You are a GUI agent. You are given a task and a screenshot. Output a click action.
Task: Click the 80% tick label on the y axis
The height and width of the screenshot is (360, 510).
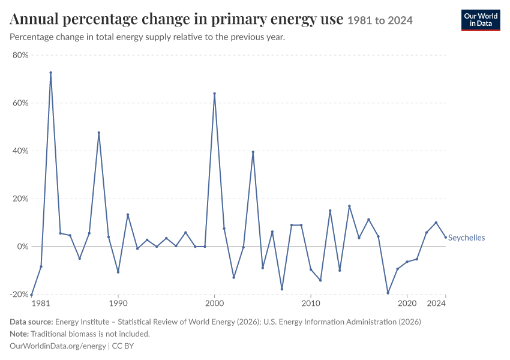20,55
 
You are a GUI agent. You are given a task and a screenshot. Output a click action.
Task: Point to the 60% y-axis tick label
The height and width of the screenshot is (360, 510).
20,103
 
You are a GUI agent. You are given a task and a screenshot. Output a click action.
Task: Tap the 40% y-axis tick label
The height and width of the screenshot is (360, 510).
20,151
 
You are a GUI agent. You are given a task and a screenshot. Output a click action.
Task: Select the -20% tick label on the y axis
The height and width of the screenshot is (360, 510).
19,295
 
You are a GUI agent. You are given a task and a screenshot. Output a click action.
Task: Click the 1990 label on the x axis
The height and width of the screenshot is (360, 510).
118,304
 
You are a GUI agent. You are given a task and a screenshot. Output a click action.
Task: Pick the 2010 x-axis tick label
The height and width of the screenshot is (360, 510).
311,304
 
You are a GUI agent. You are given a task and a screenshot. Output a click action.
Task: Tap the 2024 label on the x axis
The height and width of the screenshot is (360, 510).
436,304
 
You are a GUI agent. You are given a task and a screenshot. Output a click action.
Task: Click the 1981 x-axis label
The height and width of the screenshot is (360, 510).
41,304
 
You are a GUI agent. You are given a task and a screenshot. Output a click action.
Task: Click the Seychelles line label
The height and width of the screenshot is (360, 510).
466,238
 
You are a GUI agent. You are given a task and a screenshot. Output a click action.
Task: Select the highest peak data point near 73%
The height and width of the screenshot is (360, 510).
51,73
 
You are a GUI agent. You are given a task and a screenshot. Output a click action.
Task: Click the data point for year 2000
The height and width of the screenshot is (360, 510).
214,94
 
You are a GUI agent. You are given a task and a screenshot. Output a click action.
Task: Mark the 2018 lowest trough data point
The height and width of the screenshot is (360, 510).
388,293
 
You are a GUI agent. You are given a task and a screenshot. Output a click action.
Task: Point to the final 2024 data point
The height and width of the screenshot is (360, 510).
446,237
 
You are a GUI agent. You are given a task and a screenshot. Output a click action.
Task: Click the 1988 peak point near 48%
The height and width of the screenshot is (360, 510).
99,133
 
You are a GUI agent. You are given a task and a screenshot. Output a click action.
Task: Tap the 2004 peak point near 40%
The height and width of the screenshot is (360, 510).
253,152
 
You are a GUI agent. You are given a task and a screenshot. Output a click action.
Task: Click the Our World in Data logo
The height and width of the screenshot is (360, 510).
481,20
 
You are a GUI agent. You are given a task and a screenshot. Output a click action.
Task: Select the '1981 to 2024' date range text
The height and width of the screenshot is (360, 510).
380,20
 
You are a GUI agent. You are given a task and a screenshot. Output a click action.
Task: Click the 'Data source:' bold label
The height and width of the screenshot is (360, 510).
31,322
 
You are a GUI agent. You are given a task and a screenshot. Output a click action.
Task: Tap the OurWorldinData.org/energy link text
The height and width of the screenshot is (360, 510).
58,346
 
